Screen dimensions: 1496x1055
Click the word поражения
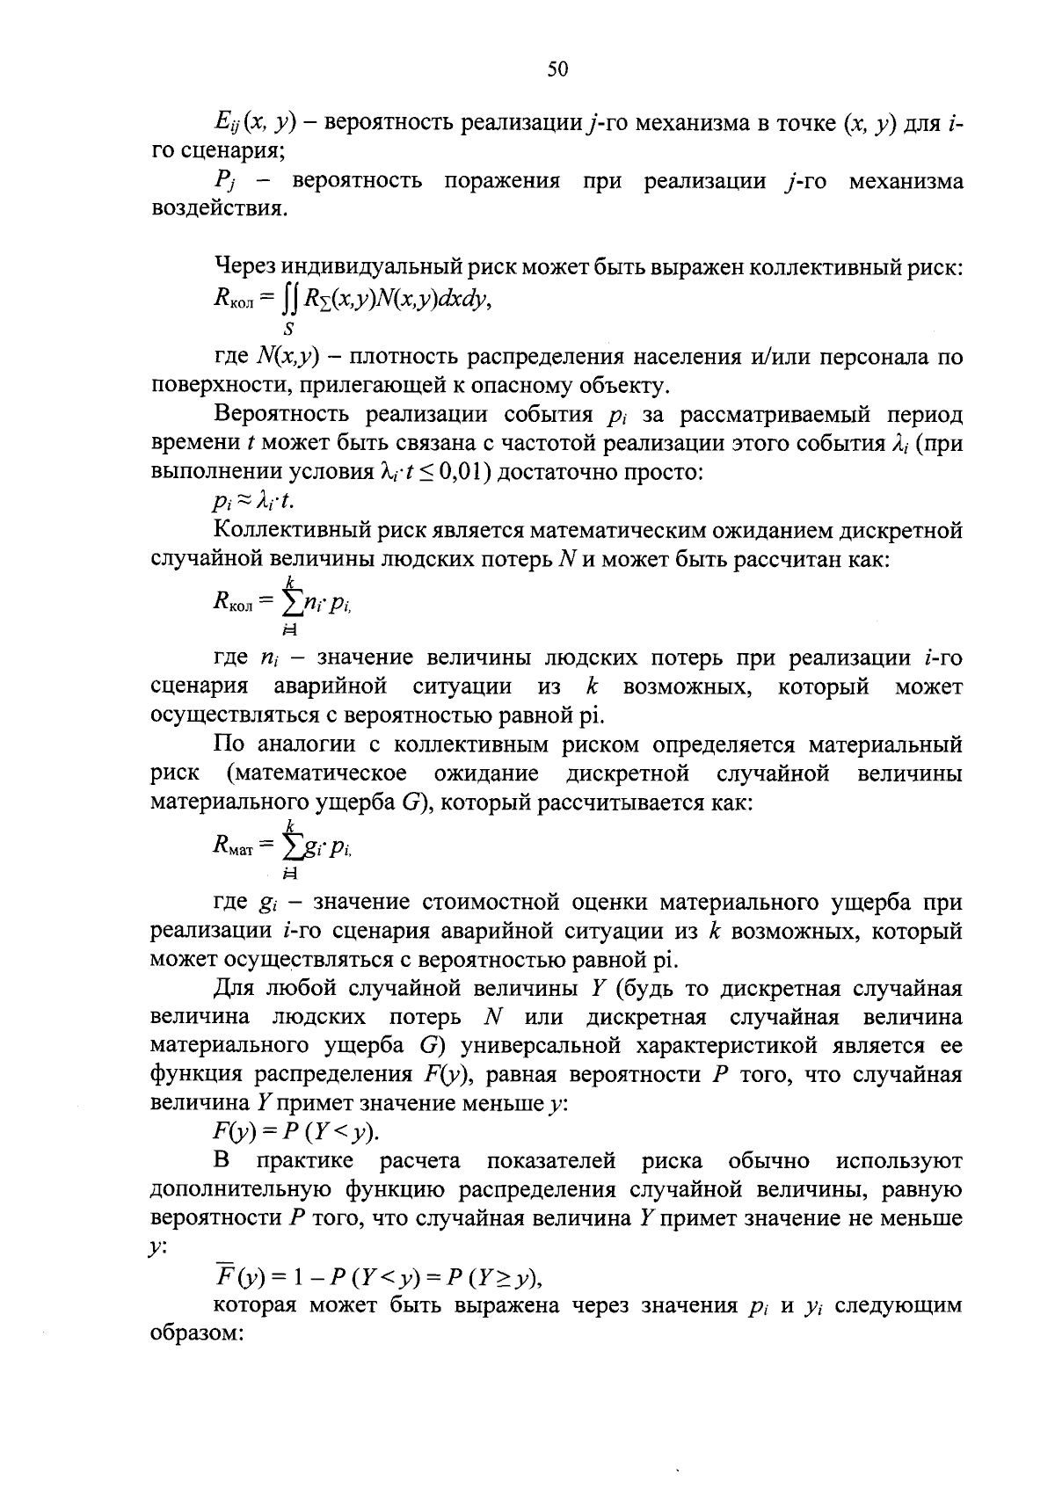tap(501, 182)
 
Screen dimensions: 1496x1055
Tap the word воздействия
tap(218, 210)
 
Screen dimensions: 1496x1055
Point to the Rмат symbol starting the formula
tap(232, 846)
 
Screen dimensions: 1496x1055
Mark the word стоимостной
tap(491, 903)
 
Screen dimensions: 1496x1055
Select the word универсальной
tap(542, 1046)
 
